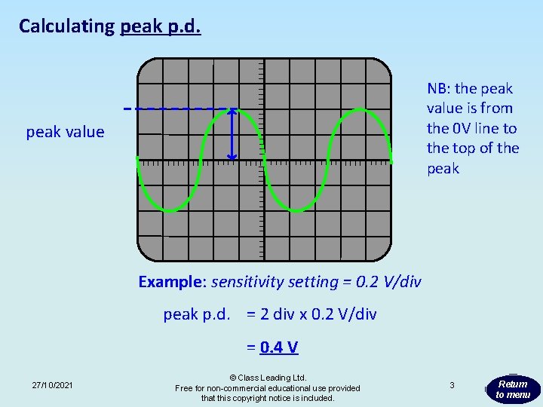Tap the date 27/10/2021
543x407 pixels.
(x=53, y=386)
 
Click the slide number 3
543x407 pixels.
(x=451, y=385)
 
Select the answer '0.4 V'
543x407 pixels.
(x=279, y=347)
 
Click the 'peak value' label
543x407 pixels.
(x=65, y=132)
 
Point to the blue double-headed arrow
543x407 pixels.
(x=232, y=134)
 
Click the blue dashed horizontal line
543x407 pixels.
(x=173, y=109)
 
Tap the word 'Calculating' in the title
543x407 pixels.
(x=66, y=26)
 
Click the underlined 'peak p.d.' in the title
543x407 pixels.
(x=160, y=26)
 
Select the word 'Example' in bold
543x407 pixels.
(x=170, y=282)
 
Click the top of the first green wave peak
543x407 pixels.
(x=232, y=109)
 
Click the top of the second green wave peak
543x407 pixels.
(x=360, y=109)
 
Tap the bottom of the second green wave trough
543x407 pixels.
(x=296, y=210)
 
